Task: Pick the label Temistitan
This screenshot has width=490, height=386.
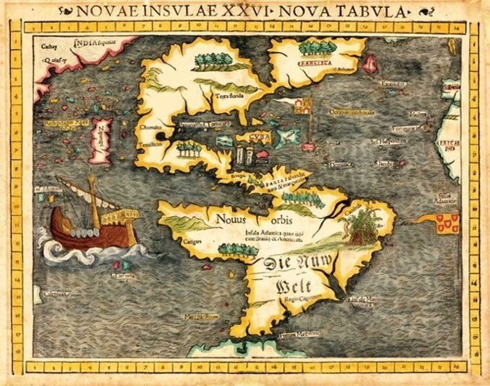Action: click(149, 144)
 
